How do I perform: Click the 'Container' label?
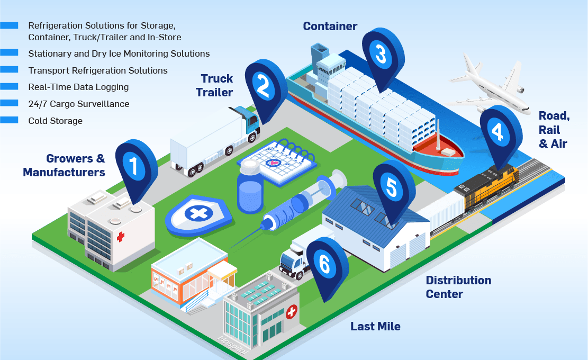(330, 26)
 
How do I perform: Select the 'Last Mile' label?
(375, 326)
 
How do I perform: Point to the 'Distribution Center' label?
(458, 287)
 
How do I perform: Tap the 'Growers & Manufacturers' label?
(65, 165)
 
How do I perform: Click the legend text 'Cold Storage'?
(56, 121)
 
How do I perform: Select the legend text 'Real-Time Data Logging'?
(78, 87)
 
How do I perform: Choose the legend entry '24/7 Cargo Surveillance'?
(79, 104)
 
